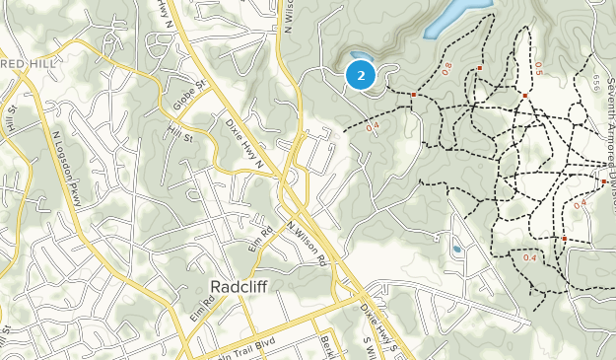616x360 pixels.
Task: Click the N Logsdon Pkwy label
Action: (x=65, y=158)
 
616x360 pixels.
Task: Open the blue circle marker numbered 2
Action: (x=361, y=75)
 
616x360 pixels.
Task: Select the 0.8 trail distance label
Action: (x=446, y=68)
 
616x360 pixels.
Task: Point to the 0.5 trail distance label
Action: (x=537, y=67)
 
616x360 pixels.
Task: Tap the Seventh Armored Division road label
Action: (x=603, y=128)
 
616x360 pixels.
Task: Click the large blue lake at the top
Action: (x=447, y=18)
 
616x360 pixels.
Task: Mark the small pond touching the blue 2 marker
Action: (x=357, y=55)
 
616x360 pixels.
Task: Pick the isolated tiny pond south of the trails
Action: (x=456, y=250)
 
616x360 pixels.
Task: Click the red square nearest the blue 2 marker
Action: (x=414, y=95)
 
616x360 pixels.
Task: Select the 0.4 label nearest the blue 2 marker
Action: (x=373, y=127)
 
